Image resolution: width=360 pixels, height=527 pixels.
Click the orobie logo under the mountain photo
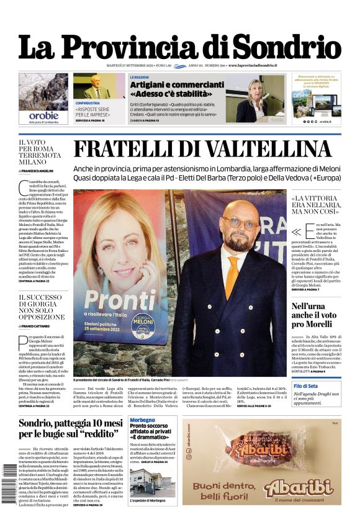tap(43, 115)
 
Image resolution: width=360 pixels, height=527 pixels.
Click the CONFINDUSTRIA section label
tap(88, 103)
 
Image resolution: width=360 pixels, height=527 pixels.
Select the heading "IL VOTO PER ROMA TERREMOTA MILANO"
tap(40, 152)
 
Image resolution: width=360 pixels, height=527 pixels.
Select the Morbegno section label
tap(143, 420)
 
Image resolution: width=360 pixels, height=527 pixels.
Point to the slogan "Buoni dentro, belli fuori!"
tap(224, 490)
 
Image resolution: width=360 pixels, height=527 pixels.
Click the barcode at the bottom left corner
tap(9, 487)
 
